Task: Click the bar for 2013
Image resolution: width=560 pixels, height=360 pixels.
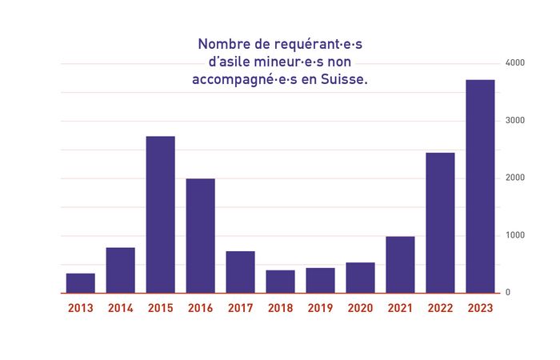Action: click(x=81, y=283)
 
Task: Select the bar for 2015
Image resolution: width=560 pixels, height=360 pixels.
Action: click(x=161, y=214)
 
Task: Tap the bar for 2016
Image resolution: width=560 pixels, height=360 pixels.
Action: click(x=201, y=235)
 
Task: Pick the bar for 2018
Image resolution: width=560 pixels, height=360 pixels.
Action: click(x=281, y=282)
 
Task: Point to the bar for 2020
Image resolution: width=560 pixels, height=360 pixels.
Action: click(x=361, y=278)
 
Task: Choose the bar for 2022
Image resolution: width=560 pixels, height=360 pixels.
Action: click(x=440, y=222)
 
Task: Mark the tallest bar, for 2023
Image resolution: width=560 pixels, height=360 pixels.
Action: click(x=480, y=186)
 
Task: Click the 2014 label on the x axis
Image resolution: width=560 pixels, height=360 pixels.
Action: click(x=121, y=308)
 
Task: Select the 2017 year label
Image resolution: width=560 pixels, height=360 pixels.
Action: click(x=241, y=308)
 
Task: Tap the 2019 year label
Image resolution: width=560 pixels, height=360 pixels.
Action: click(x=321, y=308)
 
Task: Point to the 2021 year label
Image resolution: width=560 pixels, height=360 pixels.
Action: click(x=401, y=308)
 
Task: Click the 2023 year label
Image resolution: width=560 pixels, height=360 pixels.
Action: click(x=481, y=308)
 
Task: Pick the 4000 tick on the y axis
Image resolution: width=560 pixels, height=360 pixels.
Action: click(x=514, y=63)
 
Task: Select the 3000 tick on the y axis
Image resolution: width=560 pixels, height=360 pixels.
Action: click(x=514, y=121)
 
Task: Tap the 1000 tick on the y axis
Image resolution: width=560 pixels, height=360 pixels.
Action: click(x=514, y=236)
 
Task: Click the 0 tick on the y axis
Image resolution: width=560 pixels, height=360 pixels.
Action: click(x=507, y=293)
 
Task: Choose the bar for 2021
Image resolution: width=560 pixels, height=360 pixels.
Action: click(x=401, y=265)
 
